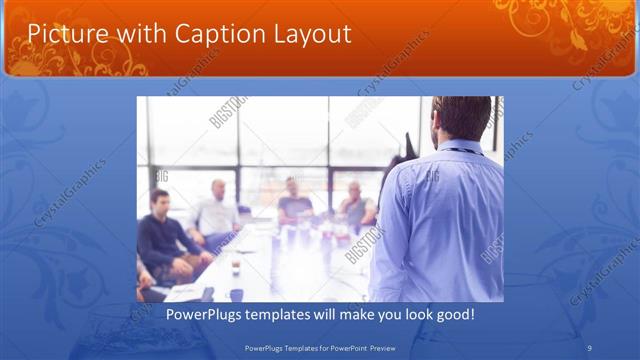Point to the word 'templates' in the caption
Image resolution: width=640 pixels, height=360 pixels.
tap(286, 314)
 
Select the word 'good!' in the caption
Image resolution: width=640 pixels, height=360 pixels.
tap(453, 314)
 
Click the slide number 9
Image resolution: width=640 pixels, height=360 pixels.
tap(590, 347)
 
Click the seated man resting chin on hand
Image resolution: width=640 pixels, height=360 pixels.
tap(355, 205)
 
